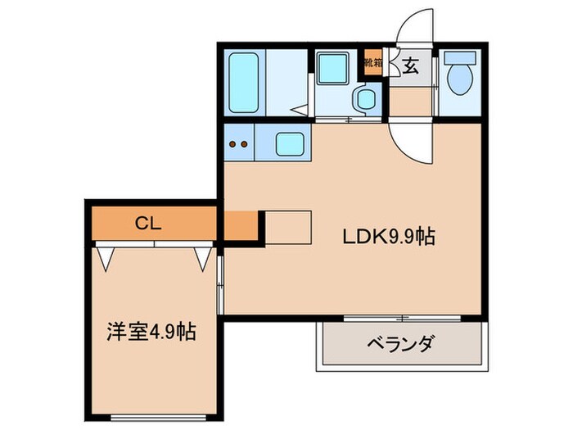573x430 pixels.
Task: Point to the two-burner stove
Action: point(238,145)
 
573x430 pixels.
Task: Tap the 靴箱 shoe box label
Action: point(373,63)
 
